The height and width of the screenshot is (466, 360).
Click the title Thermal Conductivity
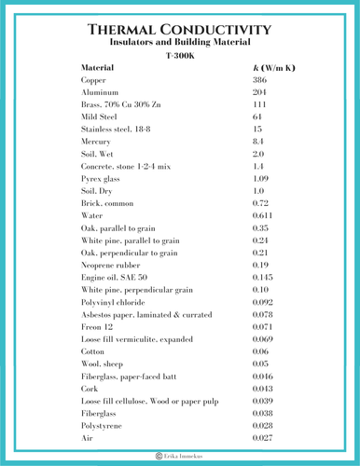pos(179,31)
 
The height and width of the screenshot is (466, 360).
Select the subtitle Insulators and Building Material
pos(179,43)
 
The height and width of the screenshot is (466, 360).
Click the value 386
pos(260,82)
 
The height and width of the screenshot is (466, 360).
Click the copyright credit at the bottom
pos(180,457)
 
